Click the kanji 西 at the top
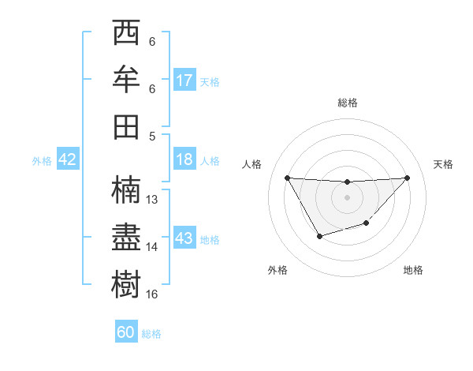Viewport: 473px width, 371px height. point(127,34)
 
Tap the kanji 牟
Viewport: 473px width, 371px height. point(127,81)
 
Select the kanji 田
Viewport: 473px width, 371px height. point(127,126)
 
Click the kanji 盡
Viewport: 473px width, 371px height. point(127,237)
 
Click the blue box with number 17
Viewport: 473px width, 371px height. point(184,81)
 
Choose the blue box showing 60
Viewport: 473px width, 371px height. point(126,332)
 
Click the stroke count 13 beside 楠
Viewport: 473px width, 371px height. point(153,200)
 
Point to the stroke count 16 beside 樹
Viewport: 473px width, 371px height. point(153,294)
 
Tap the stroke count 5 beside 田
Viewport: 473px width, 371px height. point(151,136)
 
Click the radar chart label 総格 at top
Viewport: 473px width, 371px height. point(347,103)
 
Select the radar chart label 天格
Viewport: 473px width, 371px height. point(444,164)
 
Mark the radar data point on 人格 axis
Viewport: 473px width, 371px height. point(287,178)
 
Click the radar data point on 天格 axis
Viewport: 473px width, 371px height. point(407,178)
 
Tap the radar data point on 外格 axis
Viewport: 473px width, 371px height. point(319,236)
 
